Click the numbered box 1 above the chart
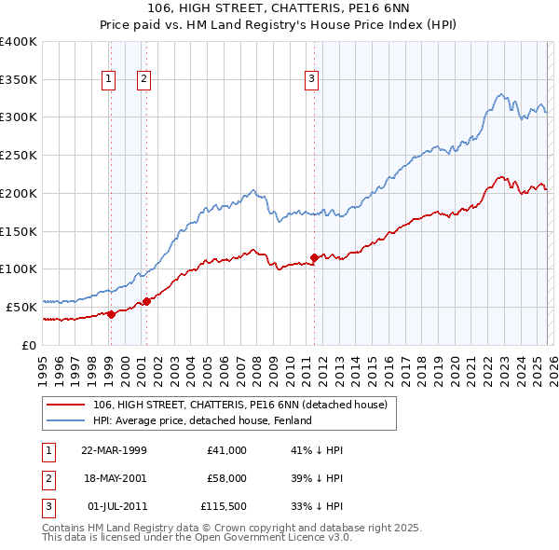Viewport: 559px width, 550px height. pyautogui.click(x=110, y=80)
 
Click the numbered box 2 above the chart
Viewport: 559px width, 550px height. pyautogui.click(x=144, y=80)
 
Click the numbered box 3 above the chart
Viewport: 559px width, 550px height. pyautogui.click(x=311, y=80)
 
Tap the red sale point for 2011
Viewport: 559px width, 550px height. pyautogui.click(x=314, y=257)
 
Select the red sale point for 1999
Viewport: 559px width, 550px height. pyautogui.click(x=111, y=314)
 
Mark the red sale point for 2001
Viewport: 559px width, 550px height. pyautogui.click(x=146, y=301)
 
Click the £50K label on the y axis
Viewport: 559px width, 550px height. pyautogui.click(x=21, y=307)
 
